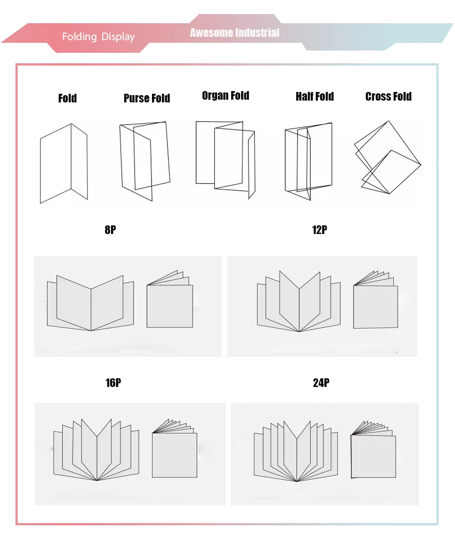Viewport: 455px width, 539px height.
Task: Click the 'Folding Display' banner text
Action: pos(98,37)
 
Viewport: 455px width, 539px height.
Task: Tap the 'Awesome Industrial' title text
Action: pos(235,33)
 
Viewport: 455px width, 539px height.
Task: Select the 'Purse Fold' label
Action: pos(147,98)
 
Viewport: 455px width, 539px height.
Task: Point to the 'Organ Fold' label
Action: pos(225,96)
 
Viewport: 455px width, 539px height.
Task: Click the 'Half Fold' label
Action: pos(315,97)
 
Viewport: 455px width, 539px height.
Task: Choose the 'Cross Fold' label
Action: pos(388,97)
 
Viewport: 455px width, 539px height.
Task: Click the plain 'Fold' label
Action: pos(67,98)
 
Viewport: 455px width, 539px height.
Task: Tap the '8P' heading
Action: pos(110,229)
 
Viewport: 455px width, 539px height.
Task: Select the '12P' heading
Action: pos(319,229)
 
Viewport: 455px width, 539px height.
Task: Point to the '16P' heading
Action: pos(113,382)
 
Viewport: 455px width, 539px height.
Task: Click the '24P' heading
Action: pos(321,382)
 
